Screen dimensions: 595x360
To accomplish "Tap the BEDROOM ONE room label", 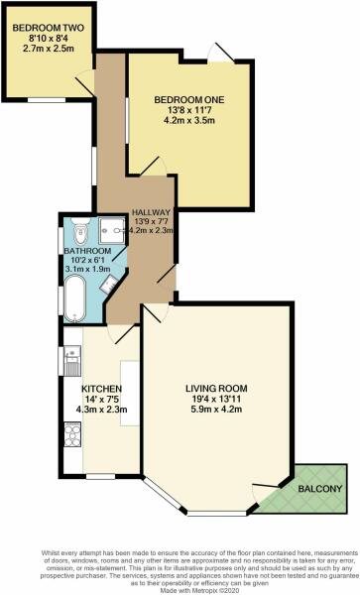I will pos(189,100).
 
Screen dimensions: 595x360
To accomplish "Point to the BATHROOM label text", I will pos(87,252).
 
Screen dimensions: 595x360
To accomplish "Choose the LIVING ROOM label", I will pos(217,387).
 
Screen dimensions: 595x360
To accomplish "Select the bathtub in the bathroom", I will pos(74,296).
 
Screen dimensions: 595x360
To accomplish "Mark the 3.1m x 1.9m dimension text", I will pos(87,273).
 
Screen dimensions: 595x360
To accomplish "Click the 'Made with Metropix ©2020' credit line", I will pos(180,585).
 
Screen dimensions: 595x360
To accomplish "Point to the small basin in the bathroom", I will pos(110,284).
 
